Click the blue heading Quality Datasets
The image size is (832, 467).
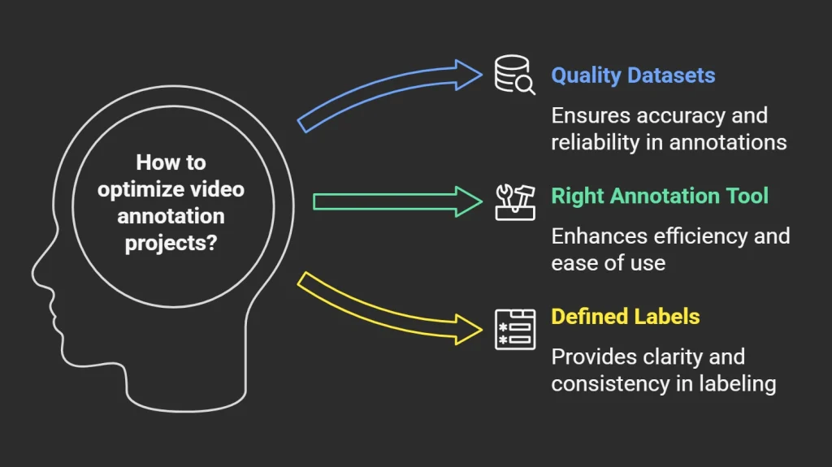tap(633, 76)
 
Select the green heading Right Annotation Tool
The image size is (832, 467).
tap(660, 196)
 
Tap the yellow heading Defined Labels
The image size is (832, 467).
tap(625, 316)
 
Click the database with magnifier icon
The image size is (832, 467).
tap(515, 76)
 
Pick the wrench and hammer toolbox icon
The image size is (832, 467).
tap(515, 201)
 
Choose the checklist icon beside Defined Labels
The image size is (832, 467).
tap(515, 329)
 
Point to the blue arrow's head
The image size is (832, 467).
tap(470, 75)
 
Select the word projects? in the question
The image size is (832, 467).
tap(171, 243)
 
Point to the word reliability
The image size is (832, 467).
tap(592, 142)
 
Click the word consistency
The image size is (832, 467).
tap(602, 383)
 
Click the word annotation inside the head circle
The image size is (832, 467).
tap(171, 216)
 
